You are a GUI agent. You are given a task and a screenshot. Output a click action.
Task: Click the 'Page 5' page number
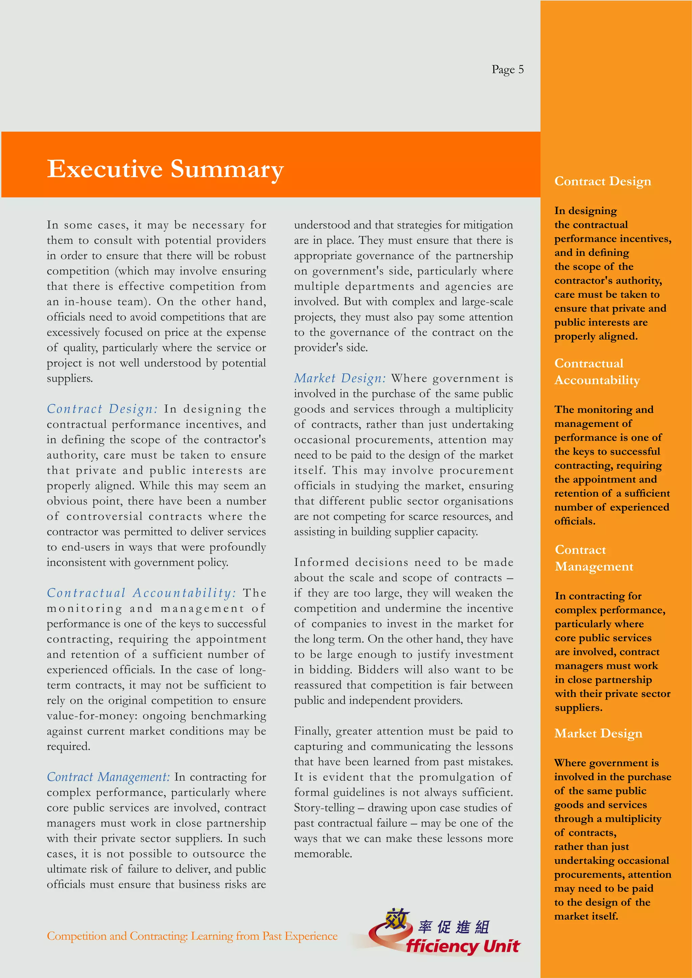tap(507, 70)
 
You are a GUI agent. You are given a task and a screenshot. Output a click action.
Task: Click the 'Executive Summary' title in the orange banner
tap(165, 169)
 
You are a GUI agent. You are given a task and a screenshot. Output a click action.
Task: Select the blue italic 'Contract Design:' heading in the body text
tap(102, 409)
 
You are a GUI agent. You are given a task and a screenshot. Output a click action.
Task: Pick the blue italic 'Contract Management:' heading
tap(108, 777)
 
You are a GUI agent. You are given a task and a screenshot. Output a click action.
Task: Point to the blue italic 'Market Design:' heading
tap(340, 378)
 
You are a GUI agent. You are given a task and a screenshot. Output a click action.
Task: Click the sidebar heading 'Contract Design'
tap(602, 181)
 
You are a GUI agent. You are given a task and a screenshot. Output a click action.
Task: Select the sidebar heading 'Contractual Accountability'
tap(597, 371)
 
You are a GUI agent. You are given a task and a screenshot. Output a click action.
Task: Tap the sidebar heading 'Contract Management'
tap(594, 558)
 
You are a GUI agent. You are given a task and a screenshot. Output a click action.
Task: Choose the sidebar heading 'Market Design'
tap(598, 733)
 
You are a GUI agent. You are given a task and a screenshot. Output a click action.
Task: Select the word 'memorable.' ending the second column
tap(323, 854)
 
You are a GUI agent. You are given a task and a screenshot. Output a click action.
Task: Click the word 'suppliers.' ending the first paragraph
tap(70, 378)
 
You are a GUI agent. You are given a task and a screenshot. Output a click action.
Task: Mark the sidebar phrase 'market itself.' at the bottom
tap(586, 916)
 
